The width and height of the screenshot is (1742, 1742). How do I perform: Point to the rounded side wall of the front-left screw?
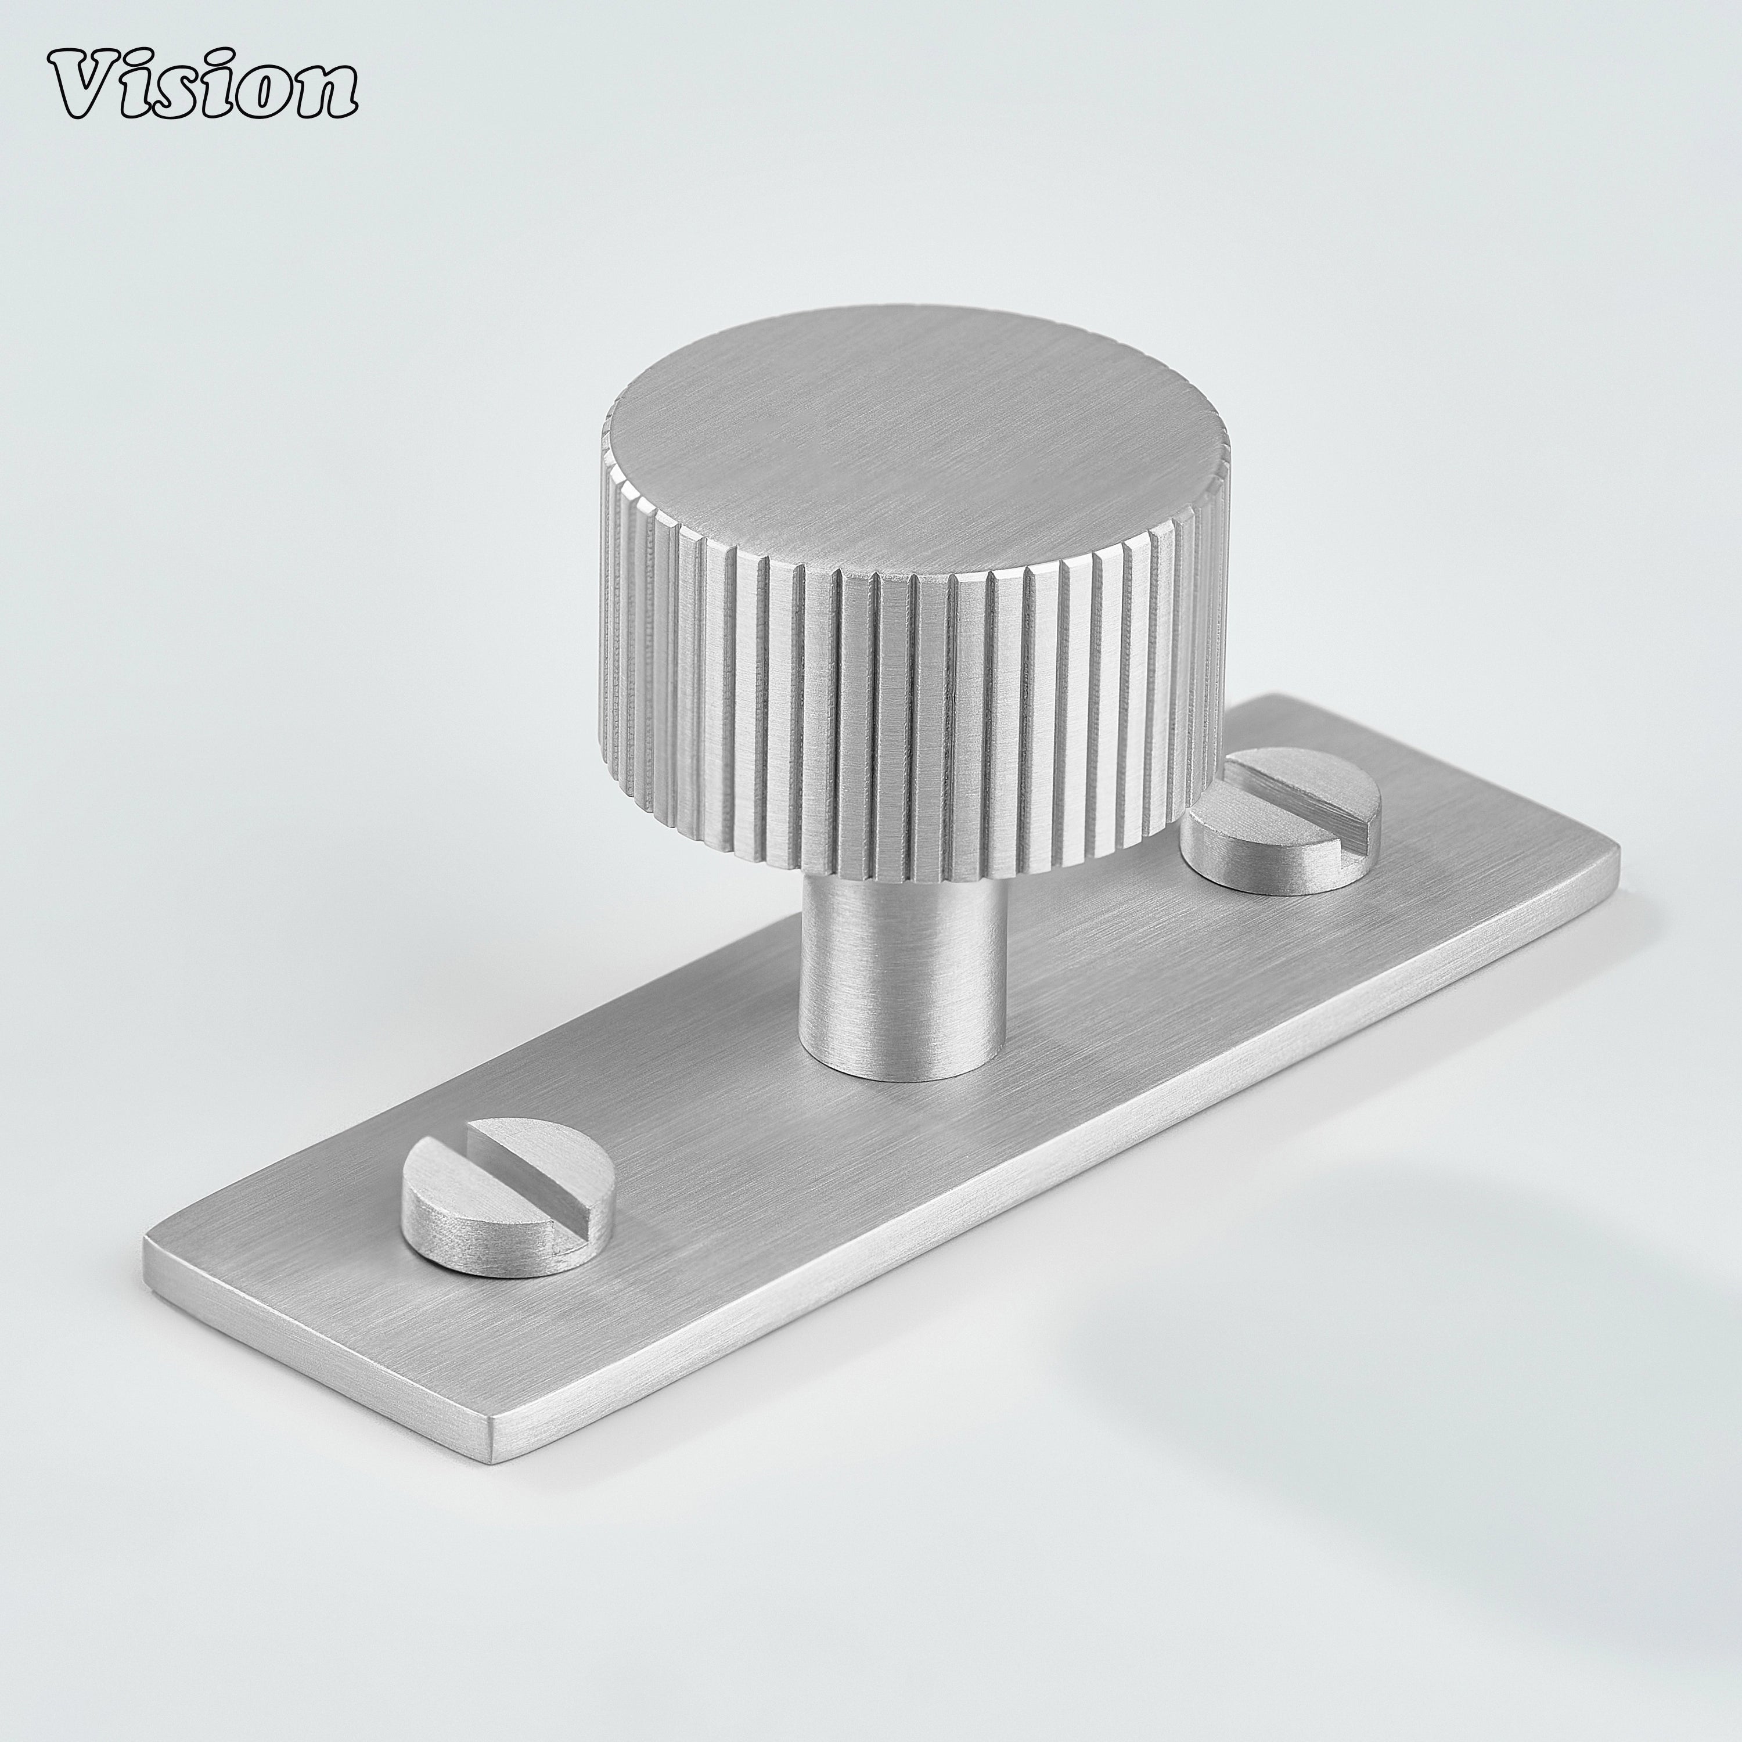point(478,1240)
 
